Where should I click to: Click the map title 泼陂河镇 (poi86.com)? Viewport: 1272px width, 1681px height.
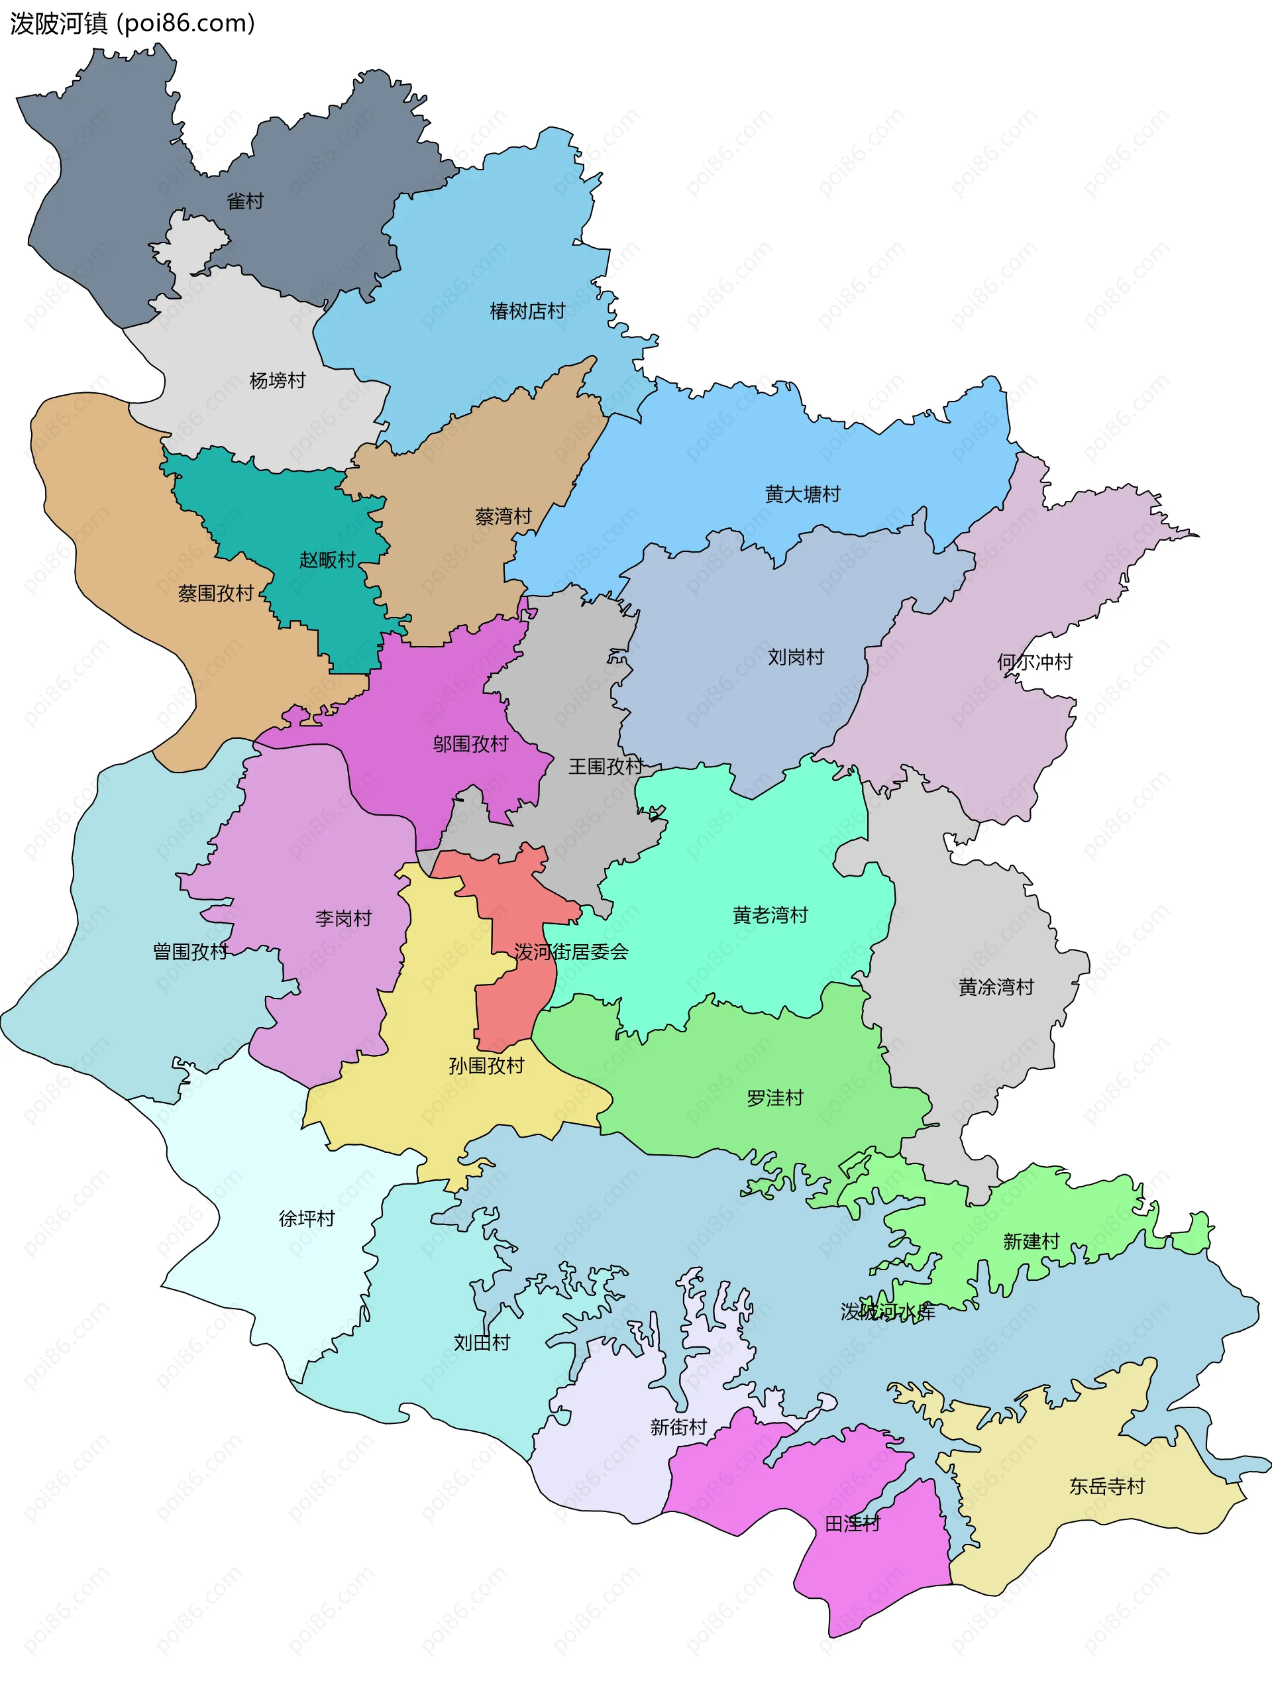(x=132, y=24)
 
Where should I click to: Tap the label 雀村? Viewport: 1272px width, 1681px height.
(x=244, y=201)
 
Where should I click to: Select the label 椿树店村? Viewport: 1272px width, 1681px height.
(x=527, y=311)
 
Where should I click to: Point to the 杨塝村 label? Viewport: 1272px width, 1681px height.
(x=278, y=381)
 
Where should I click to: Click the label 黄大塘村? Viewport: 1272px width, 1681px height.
(x=802, y=495)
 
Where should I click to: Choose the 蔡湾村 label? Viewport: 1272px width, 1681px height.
(x=503, y=517)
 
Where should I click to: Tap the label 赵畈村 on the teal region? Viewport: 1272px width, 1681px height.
(x=327, y=560)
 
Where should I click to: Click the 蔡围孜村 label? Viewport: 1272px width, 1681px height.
(x=216, y=594)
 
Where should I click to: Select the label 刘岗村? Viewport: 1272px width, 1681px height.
(x=796, y=657)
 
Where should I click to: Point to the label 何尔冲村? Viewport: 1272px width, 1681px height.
(x=1034, y=662)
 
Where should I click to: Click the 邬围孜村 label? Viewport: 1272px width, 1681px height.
(x=470, y=744)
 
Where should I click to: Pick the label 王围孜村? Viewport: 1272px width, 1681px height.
(x=606, y=767)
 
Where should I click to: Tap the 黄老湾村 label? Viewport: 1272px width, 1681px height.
(x=770, y=915)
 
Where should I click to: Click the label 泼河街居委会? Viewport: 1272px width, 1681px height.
(x=572, y=952)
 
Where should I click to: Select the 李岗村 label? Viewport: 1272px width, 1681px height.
(x=343, y=919)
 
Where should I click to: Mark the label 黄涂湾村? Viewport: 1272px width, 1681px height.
(x=996, y=987)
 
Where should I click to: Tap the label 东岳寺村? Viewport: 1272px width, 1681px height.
(x=1106, y=1486)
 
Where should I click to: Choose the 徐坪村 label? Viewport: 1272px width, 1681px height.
(x=307, y=1219)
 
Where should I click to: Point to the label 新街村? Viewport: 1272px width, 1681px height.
(x=678, y=1427)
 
